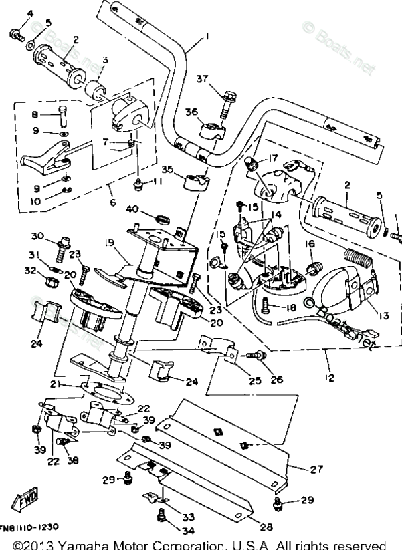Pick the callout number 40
click(133, 209)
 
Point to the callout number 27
click(316, 469)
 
